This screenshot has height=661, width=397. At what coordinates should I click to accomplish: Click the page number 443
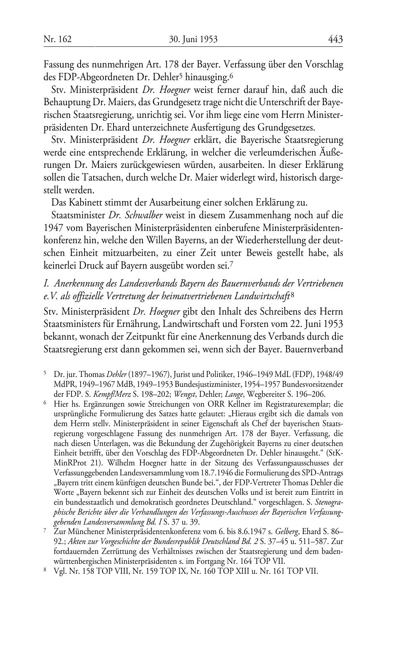pos(335,39)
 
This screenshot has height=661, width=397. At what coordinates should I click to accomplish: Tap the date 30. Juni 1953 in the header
pos(193,39)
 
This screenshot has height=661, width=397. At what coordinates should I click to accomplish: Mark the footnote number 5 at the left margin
pos(45,374)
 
